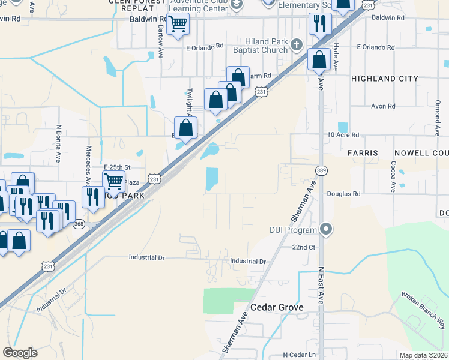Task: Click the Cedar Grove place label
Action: [x=277, y=307]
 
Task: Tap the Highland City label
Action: [x=384, y=79]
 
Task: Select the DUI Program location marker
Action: [x=326, y=229]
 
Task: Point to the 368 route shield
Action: [x=79, y=224]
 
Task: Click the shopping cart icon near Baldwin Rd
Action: [x=178, y=25]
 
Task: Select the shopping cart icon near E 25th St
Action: [x=113, y=181]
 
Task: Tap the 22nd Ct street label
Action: [x=304, y=247]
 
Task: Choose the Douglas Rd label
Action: [x=343, y=194]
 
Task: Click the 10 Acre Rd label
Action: [x=343, y=136]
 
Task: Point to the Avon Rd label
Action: [x=383, y=106]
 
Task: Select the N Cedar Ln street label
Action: [x=299, y=355]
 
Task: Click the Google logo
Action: [x=20, y=353]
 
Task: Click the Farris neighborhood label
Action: [x=363, y=153]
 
